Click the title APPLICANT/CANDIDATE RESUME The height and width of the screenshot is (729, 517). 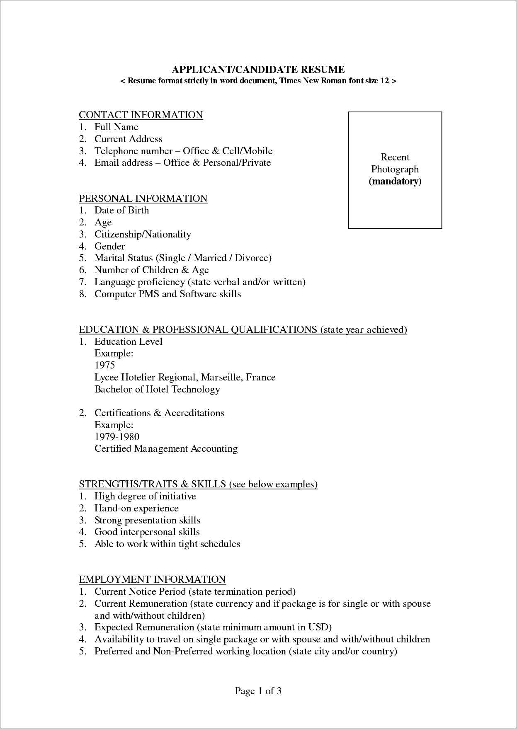click(258, 69)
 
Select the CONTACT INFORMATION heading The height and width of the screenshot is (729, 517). click(141, 115)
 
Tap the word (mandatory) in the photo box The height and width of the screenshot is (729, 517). click(395, 181)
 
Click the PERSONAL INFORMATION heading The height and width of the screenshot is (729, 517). click(143, 199)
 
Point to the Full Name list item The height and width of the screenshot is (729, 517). click(116, 127)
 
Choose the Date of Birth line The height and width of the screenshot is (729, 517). click(121, 211)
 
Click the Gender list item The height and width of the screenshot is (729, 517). click(109, 246)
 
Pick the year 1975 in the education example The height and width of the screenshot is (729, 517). click(104, 365)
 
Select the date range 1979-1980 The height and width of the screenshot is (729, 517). click(117, 437)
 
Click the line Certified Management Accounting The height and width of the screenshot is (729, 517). click(166, 449)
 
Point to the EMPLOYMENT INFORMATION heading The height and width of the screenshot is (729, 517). click(152, 579)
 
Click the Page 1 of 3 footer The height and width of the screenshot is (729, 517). click(258, 691)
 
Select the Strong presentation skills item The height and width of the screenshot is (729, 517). click(147, 520)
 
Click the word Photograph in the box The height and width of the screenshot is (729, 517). click(395, 169)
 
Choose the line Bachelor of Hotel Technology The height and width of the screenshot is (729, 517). click(157, 389)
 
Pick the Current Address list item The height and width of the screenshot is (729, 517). click(128, 139)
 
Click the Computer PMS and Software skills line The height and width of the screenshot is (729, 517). click(167, 294)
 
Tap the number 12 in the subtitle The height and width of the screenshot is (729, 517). click(384, 81)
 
